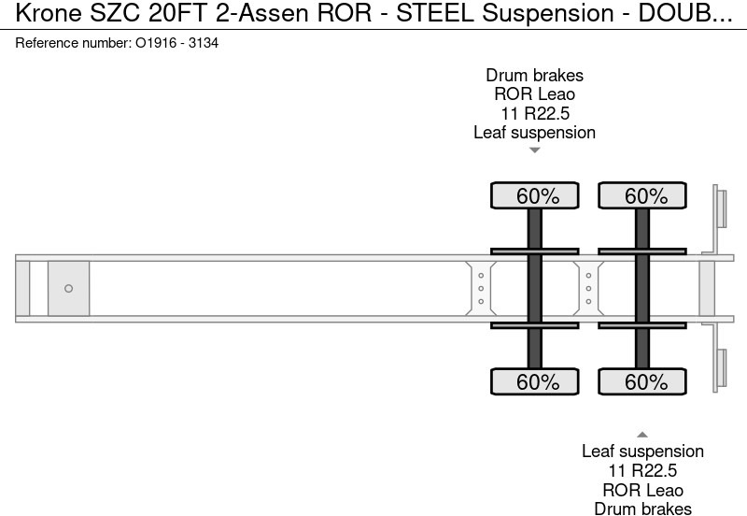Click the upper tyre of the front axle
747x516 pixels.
(x=535, y=196)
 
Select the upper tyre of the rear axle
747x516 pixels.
(x=642, y=196)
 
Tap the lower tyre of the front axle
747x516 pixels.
(x=535, y=381)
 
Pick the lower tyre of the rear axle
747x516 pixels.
(x=642, y=381)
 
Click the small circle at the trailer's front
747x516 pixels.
(x=68, y=289)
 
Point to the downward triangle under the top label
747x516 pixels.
(x=534, y=150)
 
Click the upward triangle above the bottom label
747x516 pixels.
(x=642, y=434)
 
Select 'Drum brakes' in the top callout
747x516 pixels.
(x=534, y=76)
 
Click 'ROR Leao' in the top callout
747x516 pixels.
(x=534, y=94)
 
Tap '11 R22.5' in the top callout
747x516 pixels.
(x=534, y=113)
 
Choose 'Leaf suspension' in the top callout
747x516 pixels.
(x=534, y=132)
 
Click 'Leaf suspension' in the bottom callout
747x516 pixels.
(x=642, y=451)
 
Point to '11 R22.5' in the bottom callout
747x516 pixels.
(x=642, y=470)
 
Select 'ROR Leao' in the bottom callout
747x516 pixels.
(x=642, y=490)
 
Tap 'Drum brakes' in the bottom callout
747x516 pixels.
(x=642, y=509)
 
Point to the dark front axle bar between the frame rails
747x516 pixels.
(x=535, y=289)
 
